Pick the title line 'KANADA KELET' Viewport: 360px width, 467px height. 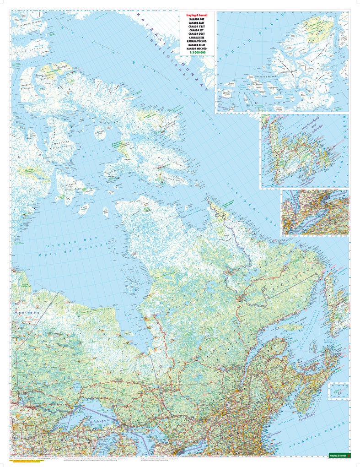click(x=197, y=45)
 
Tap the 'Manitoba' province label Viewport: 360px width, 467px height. click(x=27, y=313)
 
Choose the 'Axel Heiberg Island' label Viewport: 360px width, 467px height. click(x=287, y=72)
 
